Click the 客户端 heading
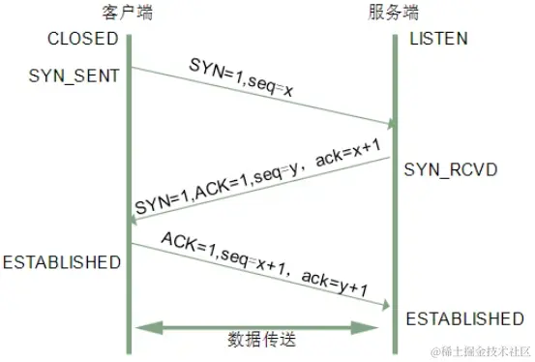(x=127, y=13)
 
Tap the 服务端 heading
(x=394, y=13)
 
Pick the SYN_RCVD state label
(x=450, y=169)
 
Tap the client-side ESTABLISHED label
(x=61, y=262)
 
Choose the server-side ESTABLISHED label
(x=464, y=318)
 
